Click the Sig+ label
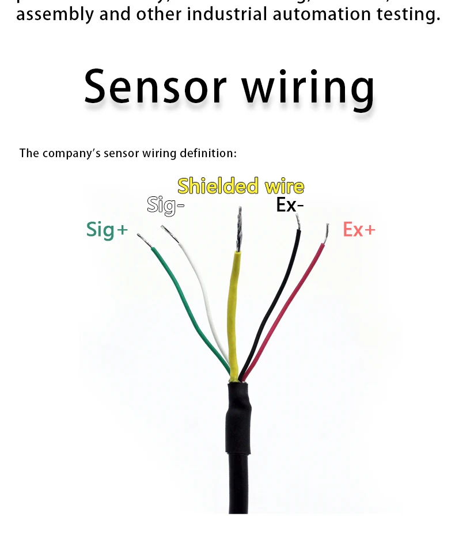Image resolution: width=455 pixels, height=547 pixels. tap(107, 229)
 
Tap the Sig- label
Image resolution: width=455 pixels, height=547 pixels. tap(165, 205)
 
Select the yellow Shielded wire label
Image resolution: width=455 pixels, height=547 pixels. tap(241, 186)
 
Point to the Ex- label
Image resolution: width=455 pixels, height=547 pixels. tap(290, 204)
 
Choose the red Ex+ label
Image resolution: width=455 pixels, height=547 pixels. tap(359, 229)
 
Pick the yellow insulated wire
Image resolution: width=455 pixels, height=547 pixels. tap(233, 311)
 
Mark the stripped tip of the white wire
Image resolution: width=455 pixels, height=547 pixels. tap(170, 234)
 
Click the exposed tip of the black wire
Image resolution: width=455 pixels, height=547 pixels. tap(297, 221)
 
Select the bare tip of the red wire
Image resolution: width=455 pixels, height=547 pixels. tap(326, 233)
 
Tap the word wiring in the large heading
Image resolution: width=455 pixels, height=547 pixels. tap(308, 88)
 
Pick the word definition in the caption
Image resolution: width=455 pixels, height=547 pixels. tap(208, 153)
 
